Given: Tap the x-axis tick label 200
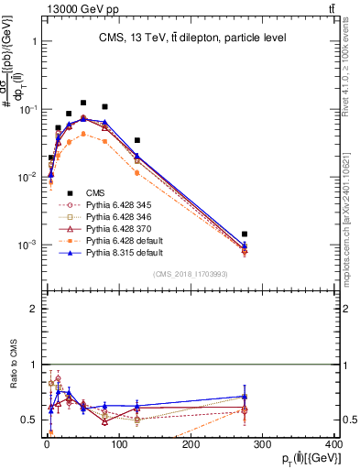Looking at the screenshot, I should coord(190,444).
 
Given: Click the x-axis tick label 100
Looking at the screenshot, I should coord(118,444).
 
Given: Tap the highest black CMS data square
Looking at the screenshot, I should coord(83,104).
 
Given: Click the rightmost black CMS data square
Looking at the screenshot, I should coord(245,234).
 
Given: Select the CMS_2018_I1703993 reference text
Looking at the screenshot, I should coord(189,275).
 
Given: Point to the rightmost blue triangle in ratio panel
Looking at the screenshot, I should coord(245,397).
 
